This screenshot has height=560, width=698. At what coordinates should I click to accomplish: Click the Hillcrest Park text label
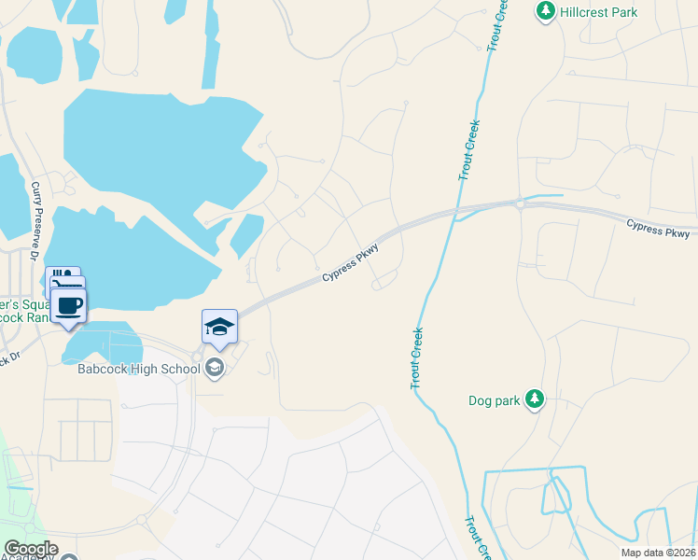click(599, 12)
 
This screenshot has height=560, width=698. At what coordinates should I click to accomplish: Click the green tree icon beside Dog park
click(534, 399)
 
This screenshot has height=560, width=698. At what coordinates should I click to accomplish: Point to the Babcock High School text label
click(138, 368)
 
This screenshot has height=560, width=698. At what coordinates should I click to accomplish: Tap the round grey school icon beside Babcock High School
click(216, 368)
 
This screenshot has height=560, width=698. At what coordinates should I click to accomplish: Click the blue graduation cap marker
click(219, 326)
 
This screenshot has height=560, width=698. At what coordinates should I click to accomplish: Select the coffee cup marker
click(68, 305)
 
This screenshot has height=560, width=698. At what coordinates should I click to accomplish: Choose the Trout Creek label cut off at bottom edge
click(477, 540)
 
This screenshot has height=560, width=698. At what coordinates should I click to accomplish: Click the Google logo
click(31, 549)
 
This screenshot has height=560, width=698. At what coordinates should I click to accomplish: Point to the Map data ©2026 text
click(657, 553)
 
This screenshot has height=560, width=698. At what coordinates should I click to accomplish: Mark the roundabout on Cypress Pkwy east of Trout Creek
click(520, 203)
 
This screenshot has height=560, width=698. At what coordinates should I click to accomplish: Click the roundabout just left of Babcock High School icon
click(197, 357)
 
